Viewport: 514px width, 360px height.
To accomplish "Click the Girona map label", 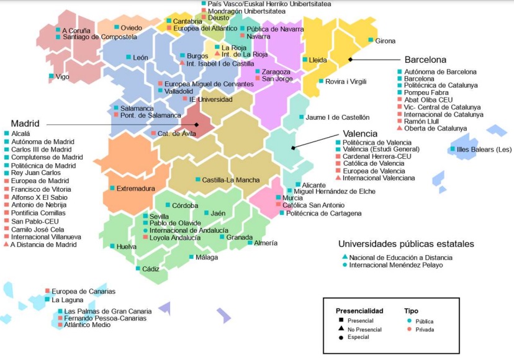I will click(385, 41).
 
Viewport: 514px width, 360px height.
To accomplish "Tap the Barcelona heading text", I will click(425, 60).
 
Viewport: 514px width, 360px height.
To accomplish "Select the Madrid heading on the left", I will click(25, 124).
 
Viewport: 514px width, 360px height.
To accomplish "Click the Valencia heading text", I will click(360, 133).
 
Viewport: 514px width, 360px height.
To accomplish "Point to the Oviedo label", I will click(131, 28).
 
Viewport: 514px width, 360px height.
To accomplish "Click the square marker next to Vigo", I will click(51, 77).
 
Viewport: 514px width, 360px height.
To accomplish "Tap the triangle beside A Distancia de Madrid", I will click(6, 245).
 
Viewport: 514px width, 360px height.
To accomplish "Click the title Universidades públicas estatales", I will click(406, 244).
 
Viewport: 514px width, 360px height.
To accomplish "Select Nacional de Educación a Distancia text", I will click(400, 258).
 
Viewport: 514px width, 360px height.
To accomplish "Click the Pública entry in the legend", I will click(425, 322).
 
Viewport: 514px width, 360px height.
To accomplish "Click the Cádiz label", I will click(150, 269).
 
